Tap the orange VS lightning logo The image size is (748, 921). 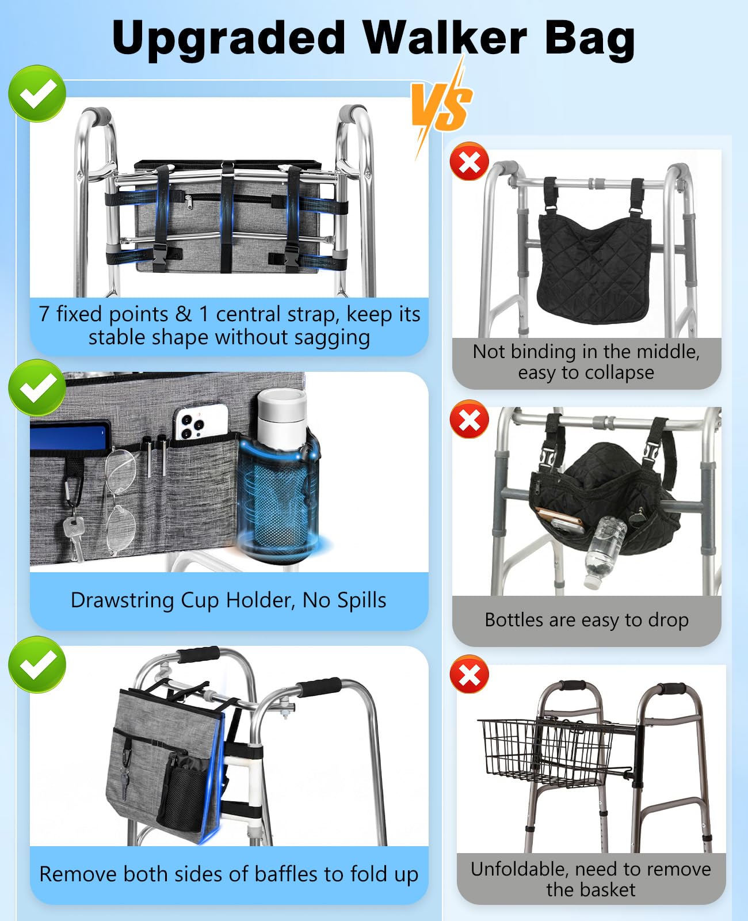point(441,106)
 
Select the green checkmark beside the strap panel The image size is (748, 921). point(37,93)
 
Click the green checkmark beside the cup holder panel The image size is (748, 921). point(37,387)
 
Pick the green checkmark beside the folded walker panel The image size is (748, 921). point(37,665)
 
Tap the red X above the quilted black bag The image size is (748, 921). point(470,161)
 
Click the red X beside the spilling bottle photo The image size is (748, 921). point(470,419)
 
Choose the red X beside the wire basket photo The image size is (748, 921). point(470,674)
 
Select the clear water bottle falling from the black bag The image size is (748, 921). point(604,552)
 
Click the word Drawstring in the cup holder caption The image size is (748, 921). point(123,601)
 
